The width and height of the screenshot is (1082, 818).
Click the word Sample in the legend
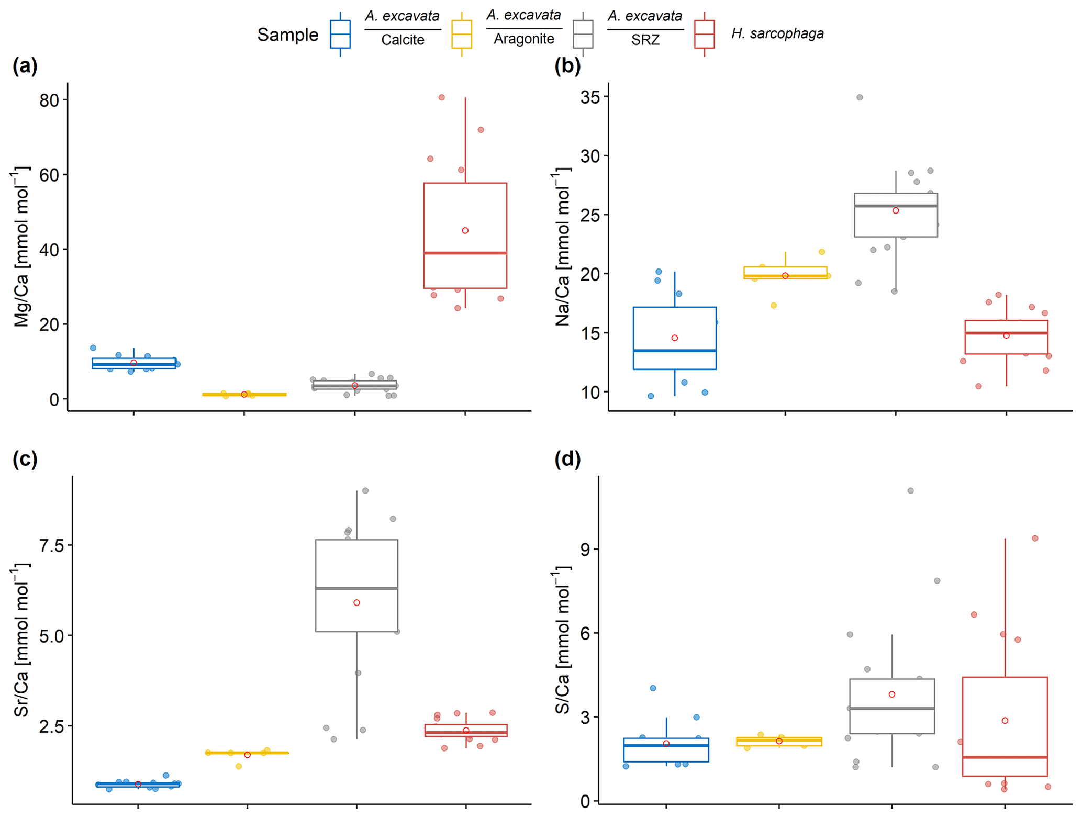coord(287,35)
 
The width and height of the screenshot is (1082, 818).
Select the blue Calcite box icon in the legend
coord(340,35)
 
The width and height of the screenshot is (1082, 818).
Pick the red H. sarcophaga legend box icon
coord(704,35)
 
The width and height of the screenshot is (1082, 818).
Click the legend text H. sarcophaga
coord(777,34)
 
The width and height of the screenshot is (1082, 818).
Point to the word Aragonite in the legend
coord(523,39)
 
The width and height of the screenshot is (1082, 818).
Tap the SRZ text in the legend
coord(645,40)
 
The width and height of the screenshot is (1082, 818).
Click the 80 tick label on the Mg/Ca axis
coord(49,100)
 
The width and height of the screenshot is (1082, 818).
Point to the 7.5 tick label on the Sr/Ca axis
coord(51,546)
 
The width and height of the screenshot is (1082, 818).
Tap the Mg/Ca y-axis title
coord(21,247)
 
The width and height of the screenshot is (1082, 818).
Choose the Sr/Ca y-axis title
coord(21,640)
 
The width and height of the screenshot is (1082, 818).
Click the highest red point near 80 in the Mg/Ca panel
coord(442,97)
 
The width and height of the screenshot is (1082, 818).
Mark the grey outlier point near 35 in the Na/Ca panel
coord(860,97)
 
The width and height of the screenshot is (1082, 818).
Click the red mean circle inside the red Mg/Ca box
coord(465,231)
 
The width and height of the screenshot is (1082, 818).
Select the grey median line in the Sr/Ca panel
coord(356,588)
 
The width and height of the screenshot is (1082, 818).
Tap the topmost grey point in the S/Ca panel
coord(911,491)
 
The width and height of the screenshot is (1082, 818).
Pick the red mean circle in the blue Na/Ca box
coord(675,338)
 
